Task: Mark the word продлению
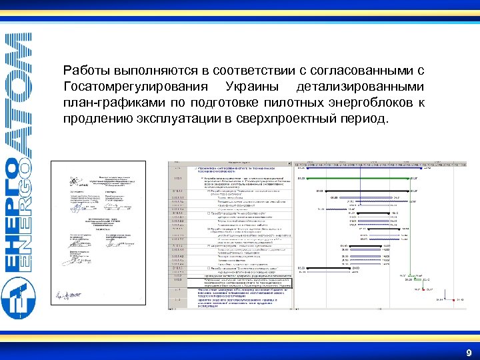coord(93,119)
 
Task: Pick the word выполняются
coord(152,71)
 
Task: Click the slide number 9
coord(469,353)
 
